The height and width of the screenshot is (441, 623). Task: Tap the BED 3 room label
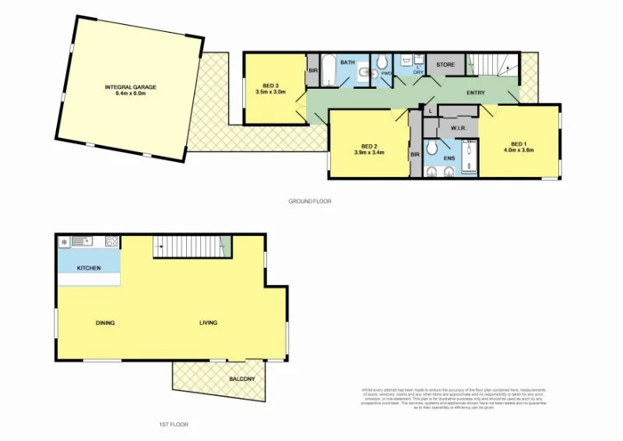tap(271, 84)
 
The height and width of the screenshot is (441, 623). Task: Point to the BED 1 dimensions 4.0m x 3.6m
tap(518, 150)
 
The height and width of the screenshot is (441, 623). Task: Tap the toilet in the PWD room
tap(382, 62)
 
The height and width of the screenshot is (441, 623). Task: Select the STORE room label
tap(445, 65)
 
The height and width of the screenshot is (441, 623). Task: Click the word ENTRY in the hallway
tap(476, 93)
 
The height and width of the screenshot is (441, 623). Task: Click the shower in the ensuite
tap(469, 157)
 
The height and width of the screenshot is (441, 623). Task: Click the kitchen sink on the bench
tap(81, 241)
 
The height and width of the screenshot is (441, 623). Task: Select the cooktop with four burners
tap(111, 241)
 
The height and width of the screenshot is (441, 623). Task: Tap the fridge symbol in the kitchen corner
tap(63, 242)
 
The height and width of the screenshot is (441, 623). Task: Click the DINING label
tap(106, 323)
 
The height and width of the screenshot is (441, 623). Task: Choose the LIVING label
tap(208, 323)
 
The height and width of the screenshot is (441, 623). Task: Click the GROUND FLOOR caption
tap(310, 201)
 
